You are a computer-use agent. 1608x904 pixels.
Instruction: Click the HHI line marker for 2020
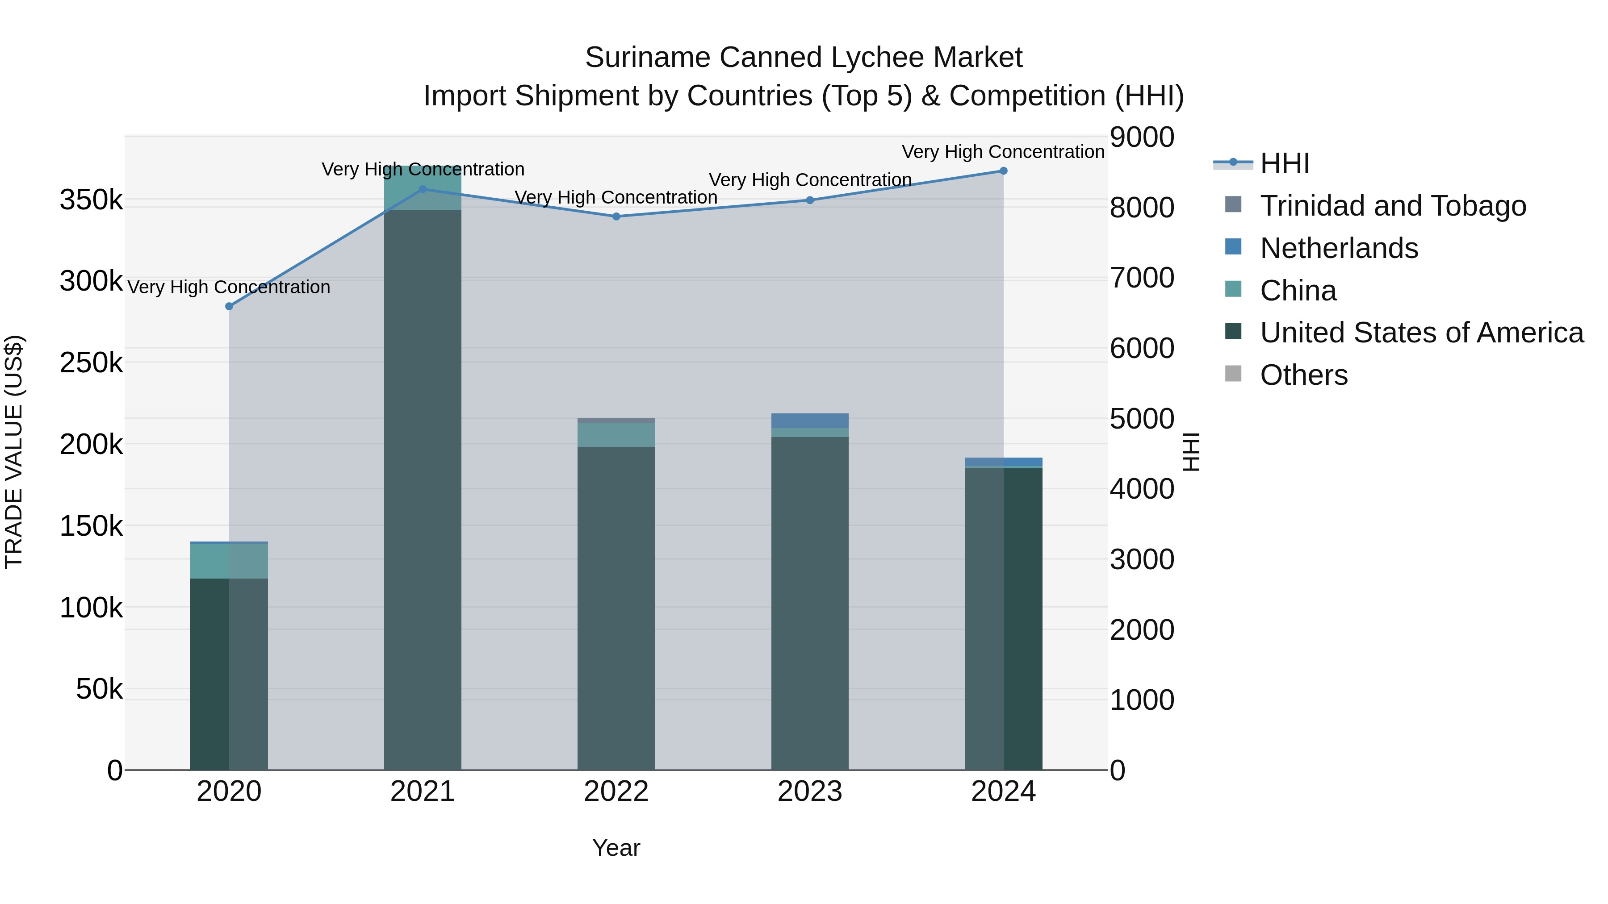(229, 306)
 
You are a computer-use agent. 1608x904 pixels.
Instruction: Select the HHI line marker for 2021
(423, 189)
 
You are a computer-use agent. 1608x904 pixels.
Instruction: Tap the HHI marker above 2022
(616, 217)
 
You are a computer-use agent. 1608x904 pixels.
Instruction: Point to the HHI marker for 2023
(810, 200)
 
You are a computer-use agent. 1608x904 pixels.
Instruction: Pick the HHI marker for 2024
(1003, 171)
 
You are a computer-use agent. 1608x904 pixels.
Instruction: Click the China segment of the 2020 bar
(229, 561)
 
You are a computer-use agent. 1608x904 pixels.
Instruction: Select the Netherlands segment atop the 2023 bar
(810, 421)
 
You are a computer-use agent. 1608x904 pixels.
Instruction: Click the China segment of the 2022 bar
(616, 435)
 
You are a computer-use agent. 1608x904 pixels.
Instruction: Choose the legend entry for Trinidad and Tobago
(1392, 206)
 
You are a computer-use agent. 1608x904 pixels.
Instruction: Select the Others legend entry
(1303, 375)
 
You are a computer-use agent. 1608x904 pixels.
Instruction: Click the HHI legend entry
(1284, 163)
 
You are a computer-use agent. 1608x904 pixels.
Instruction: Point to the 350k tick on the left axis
(91, 200)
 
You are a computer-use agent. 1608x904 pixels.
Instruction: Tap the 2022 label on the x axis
(616, 792)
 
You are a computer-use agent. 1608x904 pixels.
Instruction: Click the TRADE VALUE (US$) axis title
(14, 452)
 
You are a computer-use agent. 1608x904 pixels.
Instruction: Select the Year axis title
(616, 848)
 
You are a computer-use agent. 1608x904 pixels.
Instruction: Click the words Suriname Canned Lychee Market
(804, 58)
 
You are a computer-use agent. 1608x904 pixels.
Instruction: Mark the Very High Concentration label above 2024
(1003, 152)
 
